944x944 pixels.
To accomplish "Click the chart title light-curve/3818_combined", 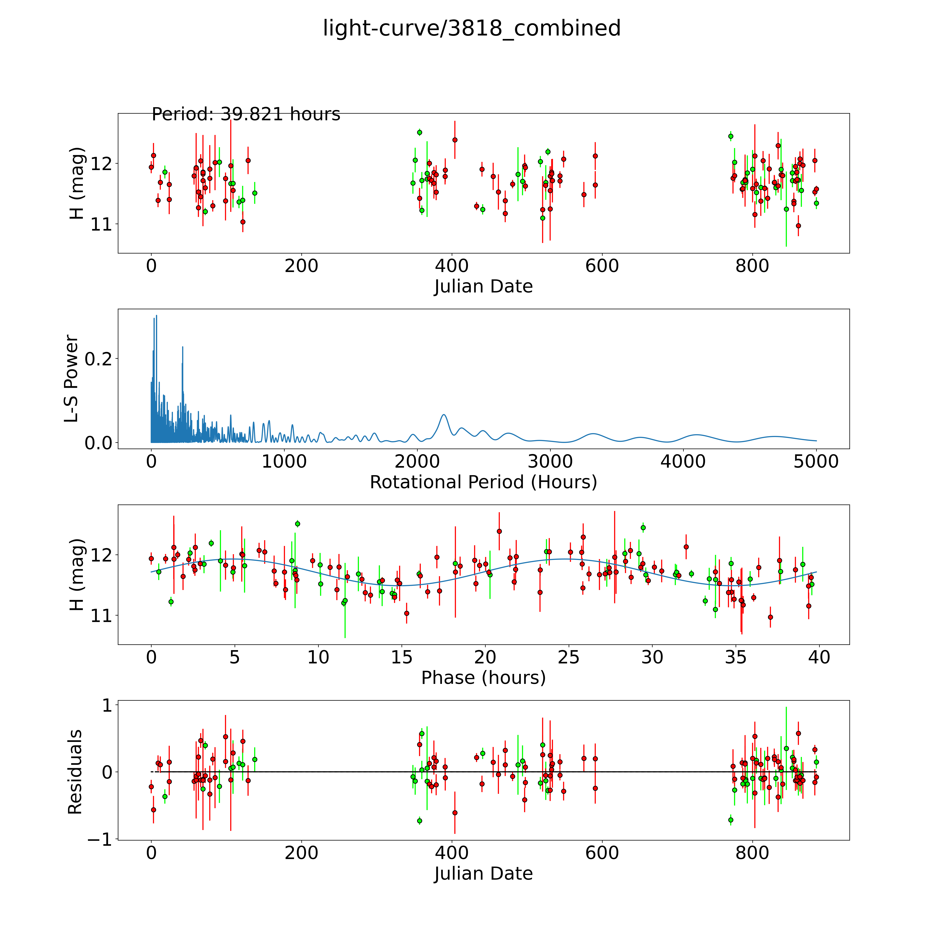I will pos(471,28).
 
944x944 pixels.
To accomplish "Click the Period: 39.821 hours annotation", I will pos(246,114).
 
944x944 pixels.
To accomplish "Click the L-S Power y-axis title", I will pos(71,379).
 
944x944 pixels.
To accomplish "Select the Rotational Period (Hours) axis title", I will pos(483,482).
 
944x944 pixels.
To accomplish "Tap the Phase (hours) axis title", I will pos(483,678).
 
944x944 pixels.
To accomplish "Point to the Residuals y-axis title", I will pos(75,772).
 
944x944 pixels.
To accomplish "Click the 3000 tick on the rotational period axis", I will pos(550,461).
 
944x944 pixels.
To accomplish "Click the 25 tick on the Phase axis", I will pos(568,657).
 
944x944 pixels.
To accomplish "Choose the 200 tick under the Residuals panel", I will pos(302,853).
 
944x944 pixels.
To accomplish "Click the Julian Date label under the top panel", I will pos(483,286).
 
